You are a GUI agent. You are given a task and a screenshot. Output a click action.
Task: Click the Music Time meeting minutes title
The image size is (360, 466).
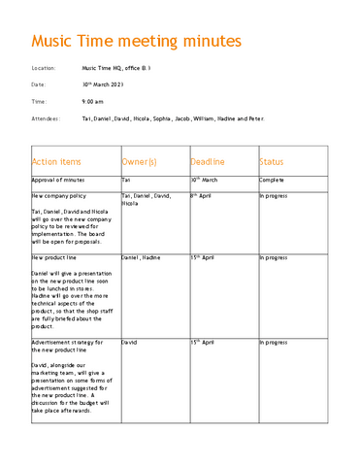(137, 42)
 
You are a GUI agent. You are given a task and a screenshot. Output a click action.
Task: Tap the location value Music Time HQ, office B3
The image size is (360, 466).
(115, 69)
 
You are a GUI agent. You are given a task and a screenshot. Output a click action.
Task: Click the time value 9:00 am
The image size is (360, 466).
(92, 101)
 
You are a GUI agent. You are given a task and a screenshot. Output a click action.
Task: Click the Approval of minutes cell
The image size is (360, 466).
(58, 181)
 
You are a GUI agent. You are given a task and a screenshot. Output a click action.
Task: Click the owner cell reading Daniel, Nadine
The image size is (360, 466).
(141, 258)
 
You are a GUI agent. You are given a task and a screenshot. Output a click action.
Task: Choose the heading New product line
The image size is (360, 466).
(54, 258)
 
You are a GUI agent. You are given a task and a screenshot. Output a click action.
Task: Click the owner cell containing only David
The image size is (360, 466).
(129, 343)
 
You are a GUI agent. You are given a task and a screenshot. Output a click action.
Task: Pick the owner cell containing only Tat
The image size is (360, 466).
(126, 181)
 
